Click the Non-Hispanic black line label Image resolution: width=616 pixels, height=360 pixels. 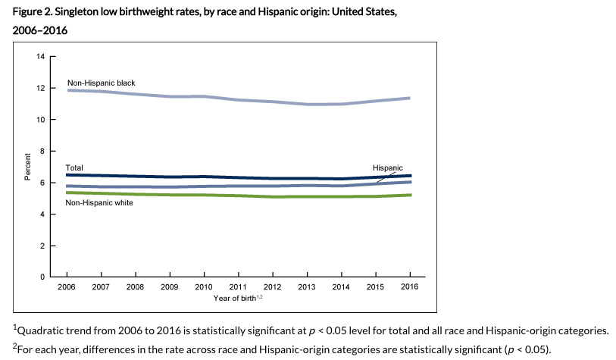click(x=101, y=81)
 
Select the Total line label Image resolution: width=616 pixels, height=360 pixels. click(x=74, y=167)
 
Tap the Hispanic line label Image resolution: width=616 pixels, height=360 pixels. click(x=387, y=167)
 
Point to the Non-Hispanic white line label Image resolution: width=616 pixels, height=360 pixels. click(x=99, y=203)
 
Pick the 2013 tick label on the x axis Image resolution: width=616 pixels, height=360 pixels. click(x=306, y=287)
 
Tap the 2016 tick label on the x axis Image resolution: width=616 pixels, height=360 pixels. click(x=409, y=287)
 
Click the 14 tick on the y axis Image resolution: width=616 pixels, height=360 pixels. click(x=41, y=57)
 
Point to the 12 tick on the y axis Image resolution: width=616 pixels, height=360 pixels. click(x=41, y=89)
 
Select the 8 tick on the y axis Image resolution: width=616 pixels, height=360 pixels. click(x=43, y=152)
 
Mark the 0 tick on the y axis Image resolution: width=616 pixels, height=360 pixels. click(x=43, y=277)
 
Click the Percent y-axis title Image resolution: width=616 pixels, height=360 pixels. click(x=28, y=167)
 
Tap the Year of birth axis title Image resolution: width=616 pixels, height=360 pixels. click(x=236, y=299)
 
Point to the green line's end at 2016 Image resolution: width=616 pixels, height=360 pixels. click(x=410, y=195)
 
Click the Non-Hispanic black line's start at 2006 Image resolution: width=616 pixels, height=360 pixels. click(x=67, y=90)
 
